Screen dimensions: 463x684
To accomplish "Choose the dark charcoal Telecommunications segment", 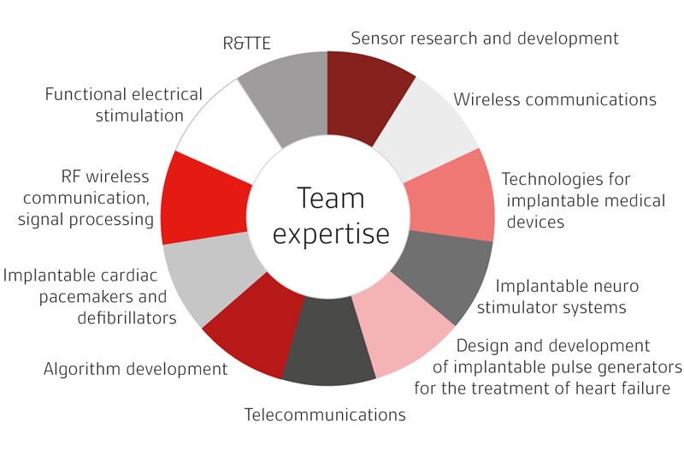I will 328,351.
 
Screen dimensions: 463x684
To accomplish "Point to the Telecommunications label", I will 325,415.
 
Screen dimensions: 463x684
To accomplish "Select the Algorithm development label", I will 136,370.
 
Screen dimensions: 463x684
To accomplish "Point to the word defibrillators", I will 128,318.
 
